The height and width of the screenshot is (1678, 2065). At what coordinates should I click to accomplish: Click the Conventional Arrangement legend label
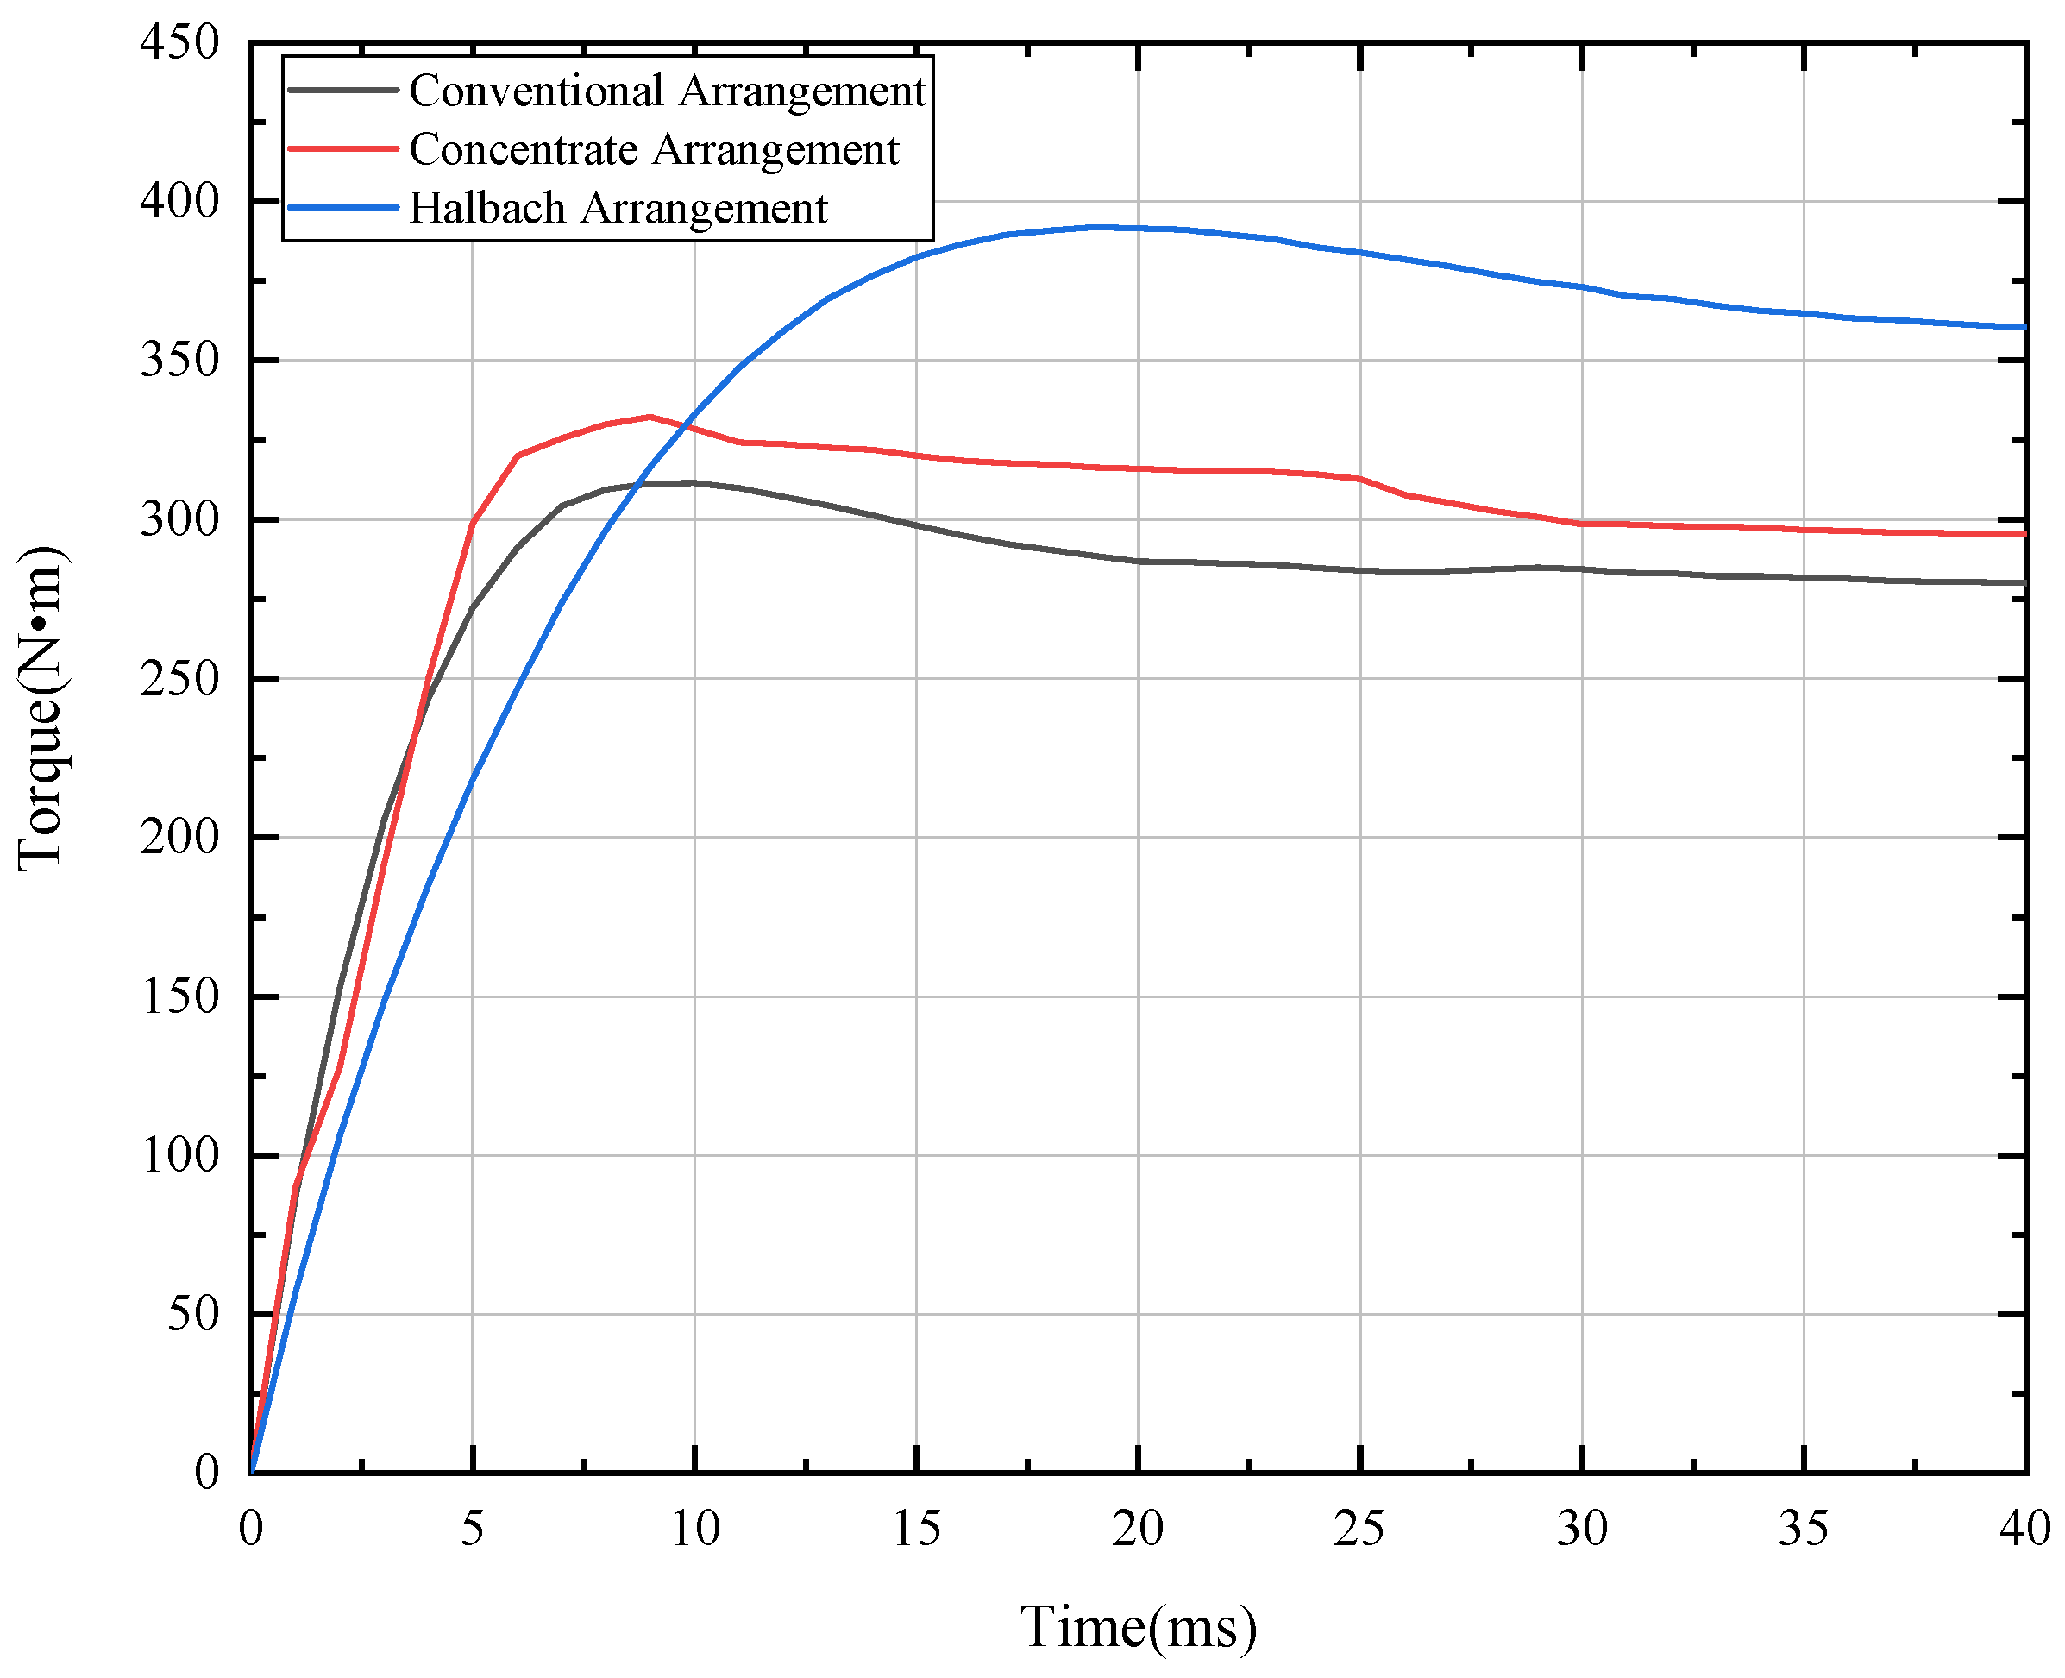click(x=667, y=91)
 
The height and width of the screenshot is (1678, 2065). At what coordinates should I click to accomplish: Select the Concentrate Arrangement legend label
click(x=653, y=150)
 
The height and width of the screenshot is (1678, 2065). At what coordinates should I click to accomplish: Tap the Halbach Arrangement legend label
click(x=618, y=209)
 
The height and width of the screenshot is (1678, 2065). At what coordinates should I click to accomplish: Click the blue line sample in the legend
click(x=343, y=208)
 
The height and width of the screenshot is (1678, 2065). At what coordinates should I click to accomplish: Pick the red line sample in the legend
click(x=343, y=149)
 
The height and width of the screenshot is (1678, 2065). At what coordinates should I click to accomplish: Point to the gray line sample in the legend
click(x=343, y=90)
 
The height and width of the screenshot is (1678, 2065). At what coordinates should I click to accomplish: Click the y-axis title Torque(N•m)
click(x=41, y=707)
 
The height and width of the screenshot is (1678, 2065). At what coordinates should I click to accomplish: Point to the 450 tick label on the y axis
click(x=179, y=43)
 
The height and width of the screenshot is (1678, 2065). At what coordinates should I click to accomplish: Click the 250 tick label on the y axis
click(x=179, y=680)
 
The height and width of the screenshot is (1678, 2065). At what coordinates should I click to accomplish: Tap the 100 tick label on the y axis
click(x=179, y=1155)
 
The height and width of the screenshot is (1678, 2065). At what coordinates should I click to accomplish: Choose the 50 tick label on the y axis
click(x=193, y=1315)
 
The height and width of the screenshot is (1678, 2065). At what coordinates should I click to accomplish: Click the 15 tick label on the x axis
click(x=916, y=1529)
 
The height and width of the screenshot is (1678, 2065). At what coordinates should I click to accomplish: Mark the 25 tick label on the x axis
click(x=1359, y=1529)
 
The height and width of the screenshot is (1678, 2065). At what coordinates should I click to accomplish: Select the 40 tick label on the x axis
click(x=2025, y=1529)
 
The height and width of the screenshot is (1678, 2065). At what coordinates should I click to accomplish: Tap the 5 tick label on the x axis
click(x=473, y=1529)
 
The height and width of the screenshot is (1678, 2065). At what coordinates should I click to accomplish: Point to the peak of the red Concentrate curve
click(x=650, y=417)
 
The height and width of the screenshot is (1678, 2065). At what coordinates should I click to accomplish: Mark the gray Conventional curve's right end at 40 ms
click(x=2024, y=583)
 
